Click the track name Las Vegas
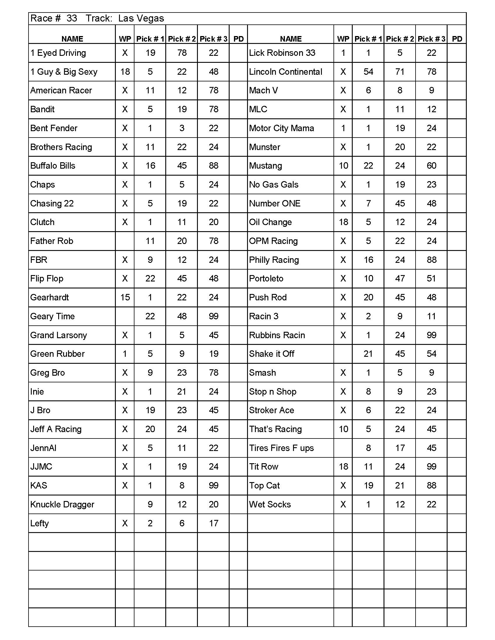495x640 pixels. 141,18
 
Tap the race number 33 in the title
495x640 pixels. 72,18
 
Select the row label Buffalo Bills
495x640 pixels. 53,166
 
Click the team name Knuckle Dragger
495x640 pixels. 62,504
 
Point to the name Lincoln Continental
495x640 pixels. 285,72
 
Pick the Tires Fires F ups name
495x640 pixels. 281,448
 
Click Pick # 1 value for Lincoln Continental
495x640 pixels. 368,72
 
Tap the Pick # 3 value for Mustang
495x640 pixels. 431,166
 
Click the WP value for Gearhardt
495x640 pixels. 125,297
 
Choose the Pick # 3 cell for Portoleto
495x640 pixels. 431,278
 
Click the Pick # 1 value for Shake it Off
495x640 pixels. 368,354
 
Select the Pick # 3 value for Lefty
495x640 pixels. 214,523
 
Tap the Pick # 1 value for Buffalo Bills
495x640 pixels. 150,166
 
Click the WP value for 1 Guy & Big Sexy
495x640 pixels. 125,72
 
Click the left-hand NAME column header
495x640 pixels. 72,39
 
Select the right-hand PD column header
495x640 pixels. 457,39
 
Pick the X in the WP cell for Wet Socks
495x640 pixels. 343,504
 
